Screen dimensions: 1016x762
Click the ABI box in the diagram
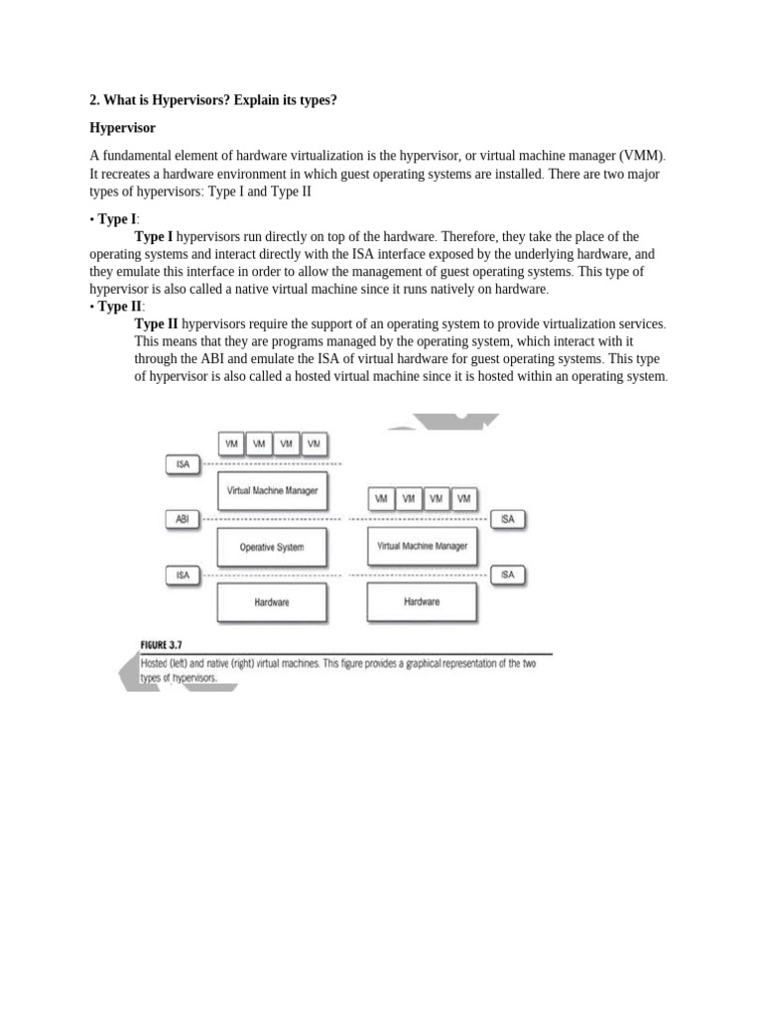183,519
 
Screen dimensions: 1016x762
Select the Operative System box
272,547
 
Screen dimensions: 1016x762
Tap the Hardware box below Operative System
272,602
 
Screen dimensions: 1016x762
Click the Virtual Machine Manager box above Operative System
272,490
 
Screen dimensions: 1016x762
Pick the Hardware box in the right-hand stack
422,601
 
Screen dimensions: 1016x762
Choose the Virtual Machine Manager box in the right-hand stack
422,546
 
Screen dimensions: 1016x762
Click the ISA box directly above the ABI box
183,463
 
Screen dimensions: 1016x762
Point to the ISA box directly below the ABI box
183,574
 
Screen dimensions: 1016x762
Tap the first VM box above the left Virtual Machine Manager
231,444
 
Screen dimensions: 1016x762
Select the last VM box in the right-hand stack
463,498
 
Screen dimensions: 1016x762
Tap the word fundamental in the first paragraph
139,156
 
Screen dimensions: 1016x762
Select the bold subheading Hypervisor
123,129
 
